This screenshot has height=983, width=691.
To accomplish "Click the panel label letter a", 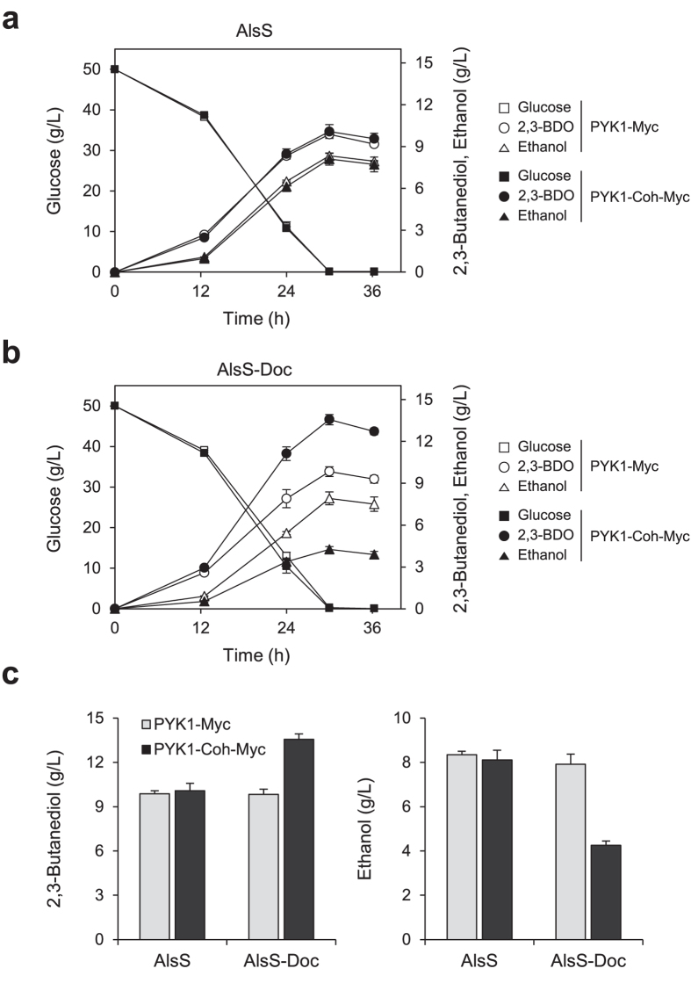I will click(12, 19).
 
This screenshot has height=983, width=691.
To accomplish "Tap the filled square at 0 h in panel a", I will click(115, 69).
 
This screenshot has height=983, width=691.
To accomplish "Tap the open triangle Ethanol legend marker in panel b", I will click(504, 485).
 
